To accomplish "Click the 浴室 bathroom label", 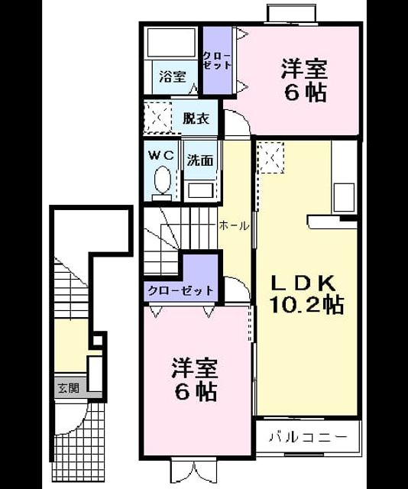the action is click(x=173, y=76).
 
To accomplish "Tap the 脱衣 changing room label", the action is click(x=196, y=118).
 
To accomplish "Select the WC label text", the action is click(x=161, y=155).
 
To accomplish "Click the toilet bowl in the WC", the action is click(x=163, y=180).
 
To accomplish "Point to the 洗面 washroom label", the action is click(x=200, y=160).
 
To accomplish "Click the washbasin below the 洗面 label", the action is click(x=201, y=190).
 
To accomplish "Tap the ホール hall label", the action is click(x=234, y=225).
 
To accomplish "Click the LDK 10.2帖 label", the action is click(x=307, y=293).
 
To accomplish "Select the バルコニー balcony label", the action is click(x=308, y=437).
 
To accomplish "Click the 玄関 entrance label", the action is click(x=69, y=388).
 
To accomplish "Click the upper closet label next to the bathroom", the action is click(x=218, y=60).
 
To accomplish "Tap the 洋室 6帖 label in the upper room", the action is click(x=304, y=80).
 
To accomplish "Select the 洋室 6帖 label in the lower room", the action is click(x=195, y=379).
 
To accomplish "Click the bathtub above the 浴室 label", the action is click(x=172, y=43).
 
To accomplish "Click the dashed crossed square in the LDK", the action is click(x=271, y=157).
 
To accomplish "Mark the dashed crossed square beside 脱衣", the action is click(x=157, y=118).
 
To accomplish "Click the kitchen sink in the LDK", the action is click(x=344, y=198).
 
